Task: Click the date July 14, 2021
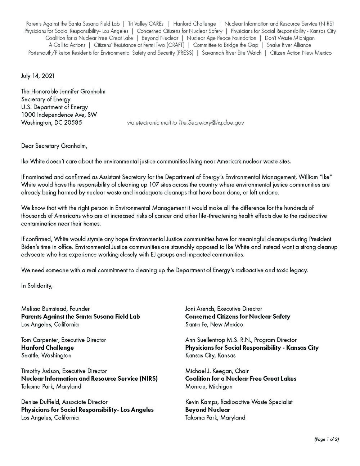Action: (38, 76)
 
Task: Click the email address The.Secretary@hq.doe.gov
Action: (211, 123)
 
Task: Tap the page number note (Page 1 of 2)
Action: (327, 439)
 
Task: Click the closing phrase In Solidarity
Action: (37, 286)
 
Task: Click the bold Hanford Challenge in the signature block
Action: (48, 348)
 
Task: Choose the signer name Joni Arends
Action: (201, 309)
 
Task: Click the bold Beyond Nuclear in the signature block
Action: (208, 410)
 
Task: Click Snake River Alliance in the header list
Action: (289, 45)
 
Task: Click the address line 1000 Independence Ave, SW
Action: (59, 115)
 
